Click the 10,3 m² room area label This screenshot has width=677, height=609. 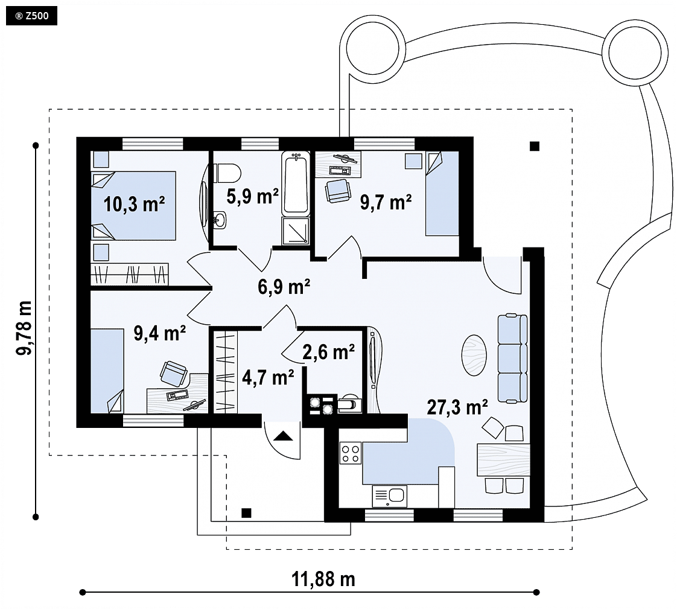coord(135,204)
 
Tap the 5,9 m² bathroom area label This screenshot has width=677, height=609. coord(253,197)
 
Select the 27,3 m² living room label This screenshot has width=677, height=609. coord(457,407)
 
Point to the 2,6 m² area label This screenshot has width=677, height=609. coord(329,352)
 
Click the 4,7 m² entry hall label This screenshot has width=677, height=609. coord(268,377)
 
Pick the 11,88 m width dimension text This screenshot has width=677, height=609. coord(323,579)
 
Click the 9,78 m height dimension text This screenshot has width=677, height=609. coord(24,328)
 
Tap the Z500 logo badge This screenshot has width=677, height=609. coord(32,16)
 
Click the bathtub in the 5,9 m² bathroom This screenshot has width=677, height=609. coord(296,183)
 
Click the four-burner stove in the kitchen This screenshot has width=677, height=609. coord(351,453)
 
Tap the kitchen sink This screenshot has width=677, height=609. coord(389,496)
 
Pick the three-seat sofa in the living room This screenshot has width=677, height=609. coord(512,359)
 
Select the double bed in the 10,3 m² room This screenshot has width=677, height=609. coord(133,206)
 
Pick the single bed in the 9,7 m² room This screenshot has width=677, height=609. coord(442,193)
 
